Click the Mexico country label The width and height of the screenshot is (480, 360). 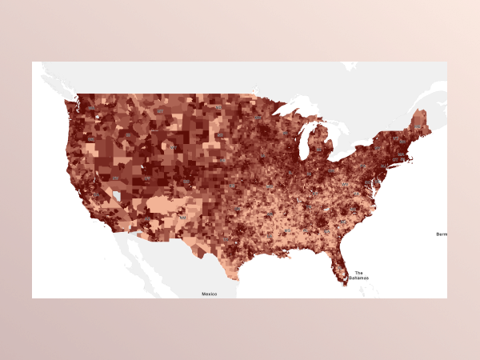tap(209, 294)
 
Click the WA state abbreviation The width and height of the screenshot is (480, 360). tap(91, 108)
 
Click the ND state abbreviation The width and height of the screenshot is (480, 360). tap(218, 106)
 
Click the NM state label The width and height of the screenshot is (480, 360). tap(182, 217)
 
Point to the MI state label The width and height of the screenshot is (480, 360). tap(319, 150)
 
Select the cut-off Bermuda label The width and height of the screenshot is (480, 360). tap(442, 234)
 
